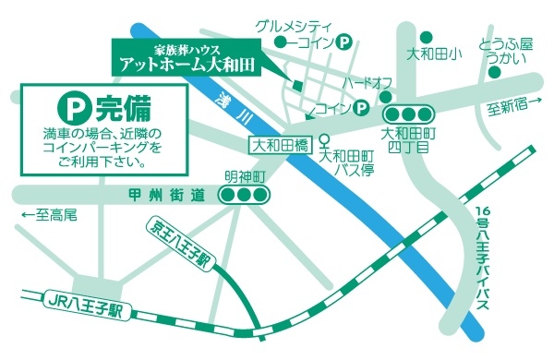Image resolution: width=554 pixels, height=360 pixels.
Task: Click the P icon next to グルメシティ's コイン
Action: pyautogui.click(x=344, y=42)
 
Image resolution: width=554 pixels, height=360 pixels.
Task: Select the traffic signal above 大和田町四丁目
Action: pyautogui.click(x=407, y=114)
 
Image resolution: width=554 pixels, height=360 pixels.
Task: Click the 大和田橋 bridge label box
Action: pyautogui.click(x=280, y=146)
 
